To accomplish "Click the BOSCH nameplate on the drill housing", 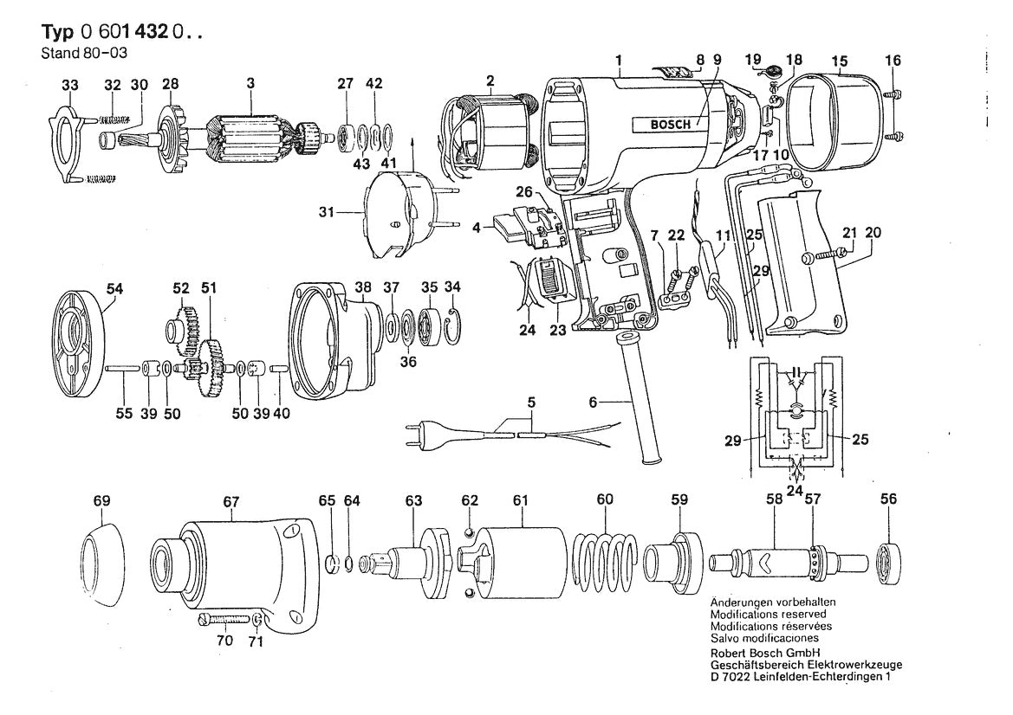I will (672, 124).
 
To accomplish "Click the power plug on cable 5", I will (419, 433).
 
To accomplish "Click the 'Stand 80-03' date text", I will (75, 51).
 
